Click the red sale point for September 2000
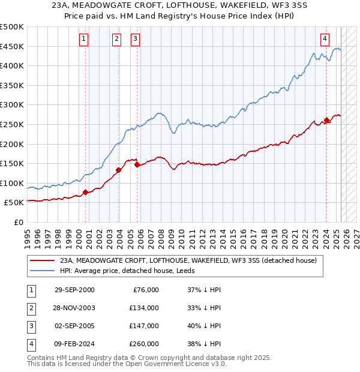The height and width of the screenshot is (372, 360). [85, 192]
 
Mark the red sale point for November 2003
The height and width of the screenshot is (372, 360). [118, 170]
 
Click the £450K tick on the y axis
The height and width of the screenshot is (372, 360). [13, 47]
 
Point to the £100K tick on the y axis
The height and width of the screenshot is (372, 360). [13, 183]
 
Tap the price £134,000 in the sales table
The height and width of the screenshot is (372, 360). [144, 308]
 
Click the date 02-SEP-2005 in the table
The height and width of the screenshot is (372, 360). [74, 326]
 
